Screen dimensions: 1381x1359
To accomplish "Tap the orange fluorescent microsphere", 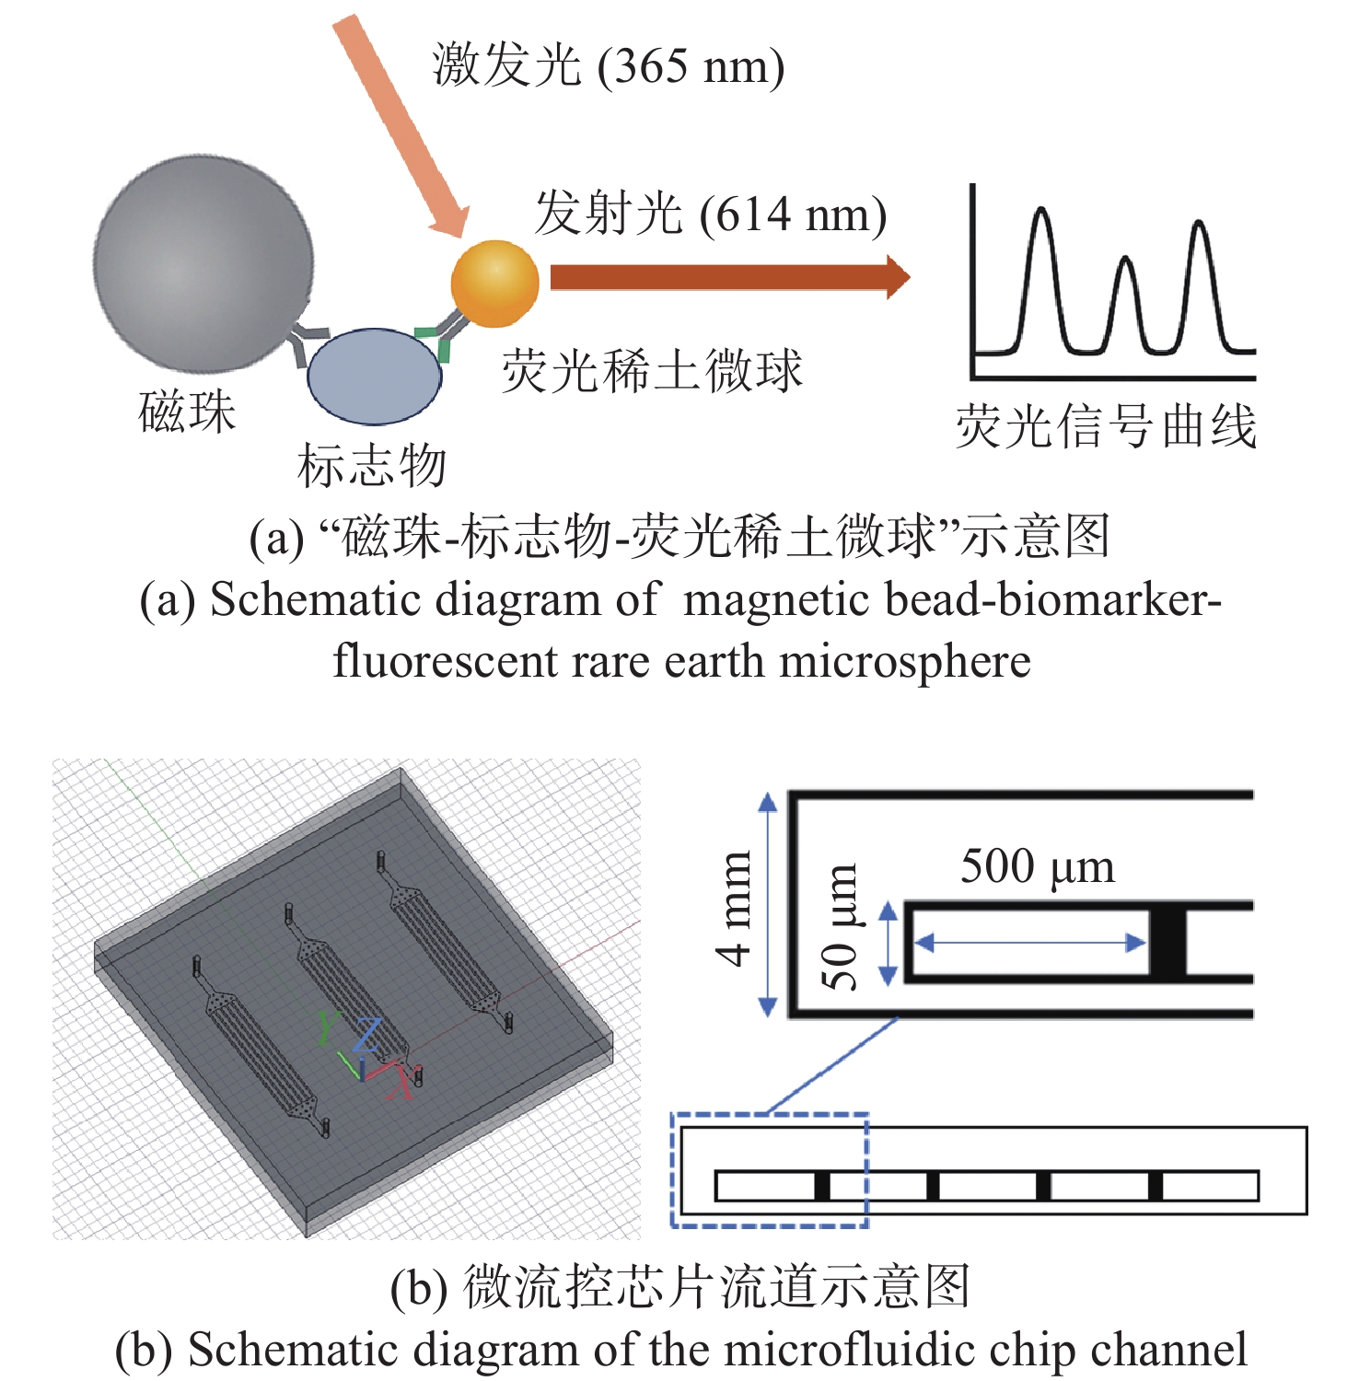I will click(x=494, y=284).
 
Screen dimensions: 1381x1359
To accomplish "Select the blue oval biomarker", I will click(x=374, y=377).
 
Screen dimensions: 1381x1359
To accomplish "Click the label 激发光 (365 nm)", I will click(x=609, y=66).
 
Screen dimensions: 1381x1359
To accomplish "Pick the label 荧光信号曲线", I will click(x=1106, y=427).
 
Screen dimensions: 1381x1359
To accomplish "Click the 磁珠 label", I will click(x=187, y=412).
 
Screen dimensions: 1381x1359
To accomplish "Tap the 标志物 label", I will click(x=371, y=465).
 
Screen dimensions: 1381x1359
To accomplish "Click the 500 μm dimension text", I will click(x=1038, y=867).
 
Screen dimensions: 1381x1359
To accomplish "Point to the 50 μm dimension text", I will click(x=840, y=927).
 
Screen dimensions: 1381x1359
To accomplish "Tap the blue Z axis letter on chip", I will click(x=367, y=1035).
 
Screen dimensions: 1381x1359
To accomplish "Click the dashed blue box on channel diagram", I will click(x=770, y=1116).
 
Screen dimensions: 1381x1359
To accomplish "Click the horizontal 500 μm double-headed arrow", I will click(x=1028, y=942).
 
